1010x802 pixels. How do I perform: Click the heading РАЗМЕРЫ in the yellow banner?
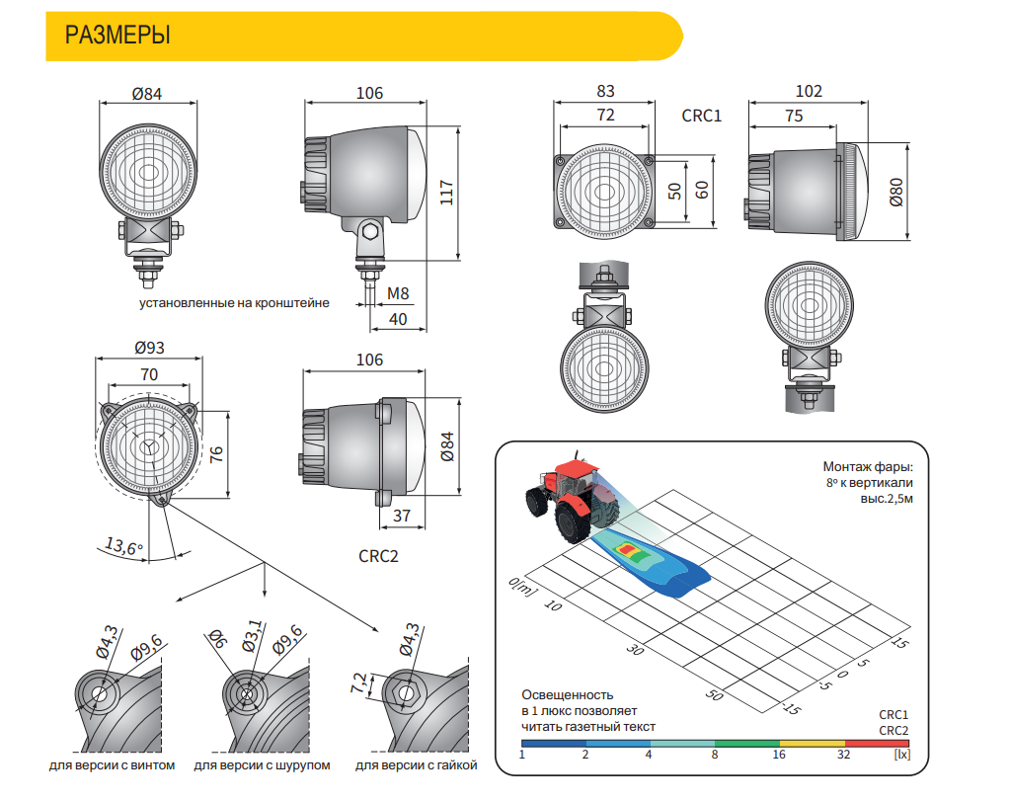(117, 35)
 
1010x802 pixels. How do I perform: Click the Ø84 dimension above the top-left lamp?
(147, 94)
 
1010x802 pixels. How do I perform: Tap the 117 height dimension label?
(446, 193)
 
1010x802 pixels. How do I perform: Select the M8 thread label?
(398, 293)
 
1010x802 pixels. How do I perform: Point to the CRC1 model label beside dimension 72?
(701, 116)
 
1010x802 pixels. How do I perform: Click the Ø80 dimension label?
(896, 193)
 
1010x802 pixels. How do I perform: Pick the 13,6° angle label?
(123, 547)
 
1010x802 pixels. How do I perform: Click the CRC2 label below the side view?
(378, 556)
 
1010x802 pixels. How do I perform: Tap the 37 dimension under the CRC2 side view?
(401, 516)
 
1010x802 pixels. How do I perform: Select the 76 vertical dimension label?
(216, 454)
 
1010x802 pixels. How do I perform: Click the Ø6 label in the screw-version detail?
(218, 639)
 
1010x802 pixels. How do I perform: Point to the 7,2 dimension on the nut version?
(358, 683)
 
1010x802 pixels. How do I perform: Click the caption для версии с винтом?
(113, 765)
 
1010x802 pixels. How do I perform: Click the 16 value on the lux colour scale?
(779, 755)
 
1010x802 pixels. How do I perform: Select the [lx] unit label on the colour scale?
(901, 754)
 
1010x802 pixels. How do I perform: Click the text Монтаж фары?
(867, 466)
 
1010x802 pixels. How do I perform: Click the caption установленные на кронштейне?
(234, 303)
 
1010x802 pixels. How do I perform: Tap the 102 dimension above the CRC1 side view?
(809, 92)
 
